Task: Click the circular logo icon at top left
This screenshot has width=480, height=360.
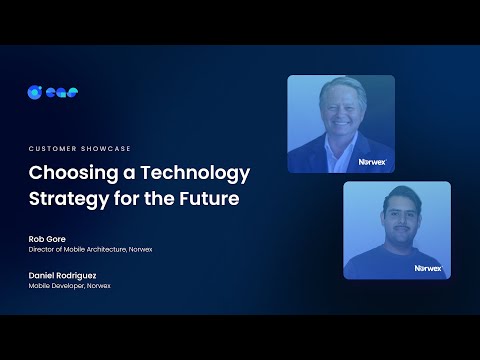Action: (33, 92)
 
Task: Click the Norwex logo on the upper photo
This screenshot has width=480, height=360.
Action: (372, 160)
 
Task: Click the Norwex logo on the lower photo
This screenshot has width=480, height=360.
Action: (428, 267)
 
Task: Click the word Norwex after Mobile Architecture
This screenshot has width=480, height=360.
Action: (141, 249)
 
